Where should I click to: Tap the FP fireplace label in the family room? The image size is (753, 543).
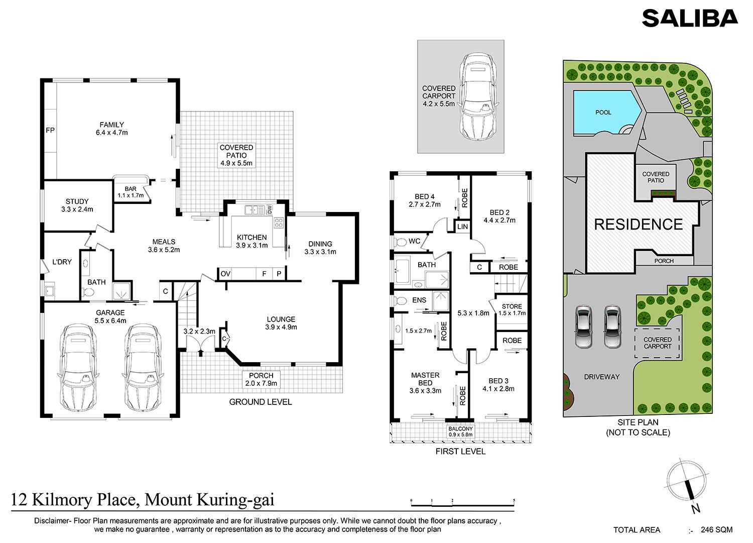tap(50, 130)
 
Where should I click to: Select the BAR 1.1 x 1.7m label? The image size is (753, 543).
tap(131, 192)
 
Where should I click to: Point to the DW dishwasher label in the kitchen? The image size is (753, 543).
tap(270, 209)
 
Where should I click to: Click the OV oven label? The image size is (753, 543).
tap(225, 274)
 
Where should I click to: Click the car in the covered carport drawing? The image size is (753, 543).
tap(478, 96)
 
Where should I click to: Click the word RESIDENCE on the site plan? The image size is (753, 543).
tap(639, 225)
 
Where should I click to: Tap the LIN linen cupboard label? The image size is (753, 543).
tap(462, 227)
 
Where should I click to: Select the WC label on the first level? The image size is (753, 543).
tap(414, 241)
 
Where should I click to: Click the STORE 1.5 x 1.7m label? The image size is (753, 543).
tap(512, 309)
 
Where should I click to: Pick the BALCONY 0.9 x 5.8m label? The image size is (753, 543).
tap(460, 431)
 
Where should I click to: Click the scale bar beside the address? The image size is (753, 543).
tap(462, 503)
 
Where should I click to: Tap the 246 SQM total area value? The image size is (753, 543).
tap(717, 529)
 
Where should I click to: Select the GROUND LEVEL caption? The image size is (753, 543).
tap(260, 402)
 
